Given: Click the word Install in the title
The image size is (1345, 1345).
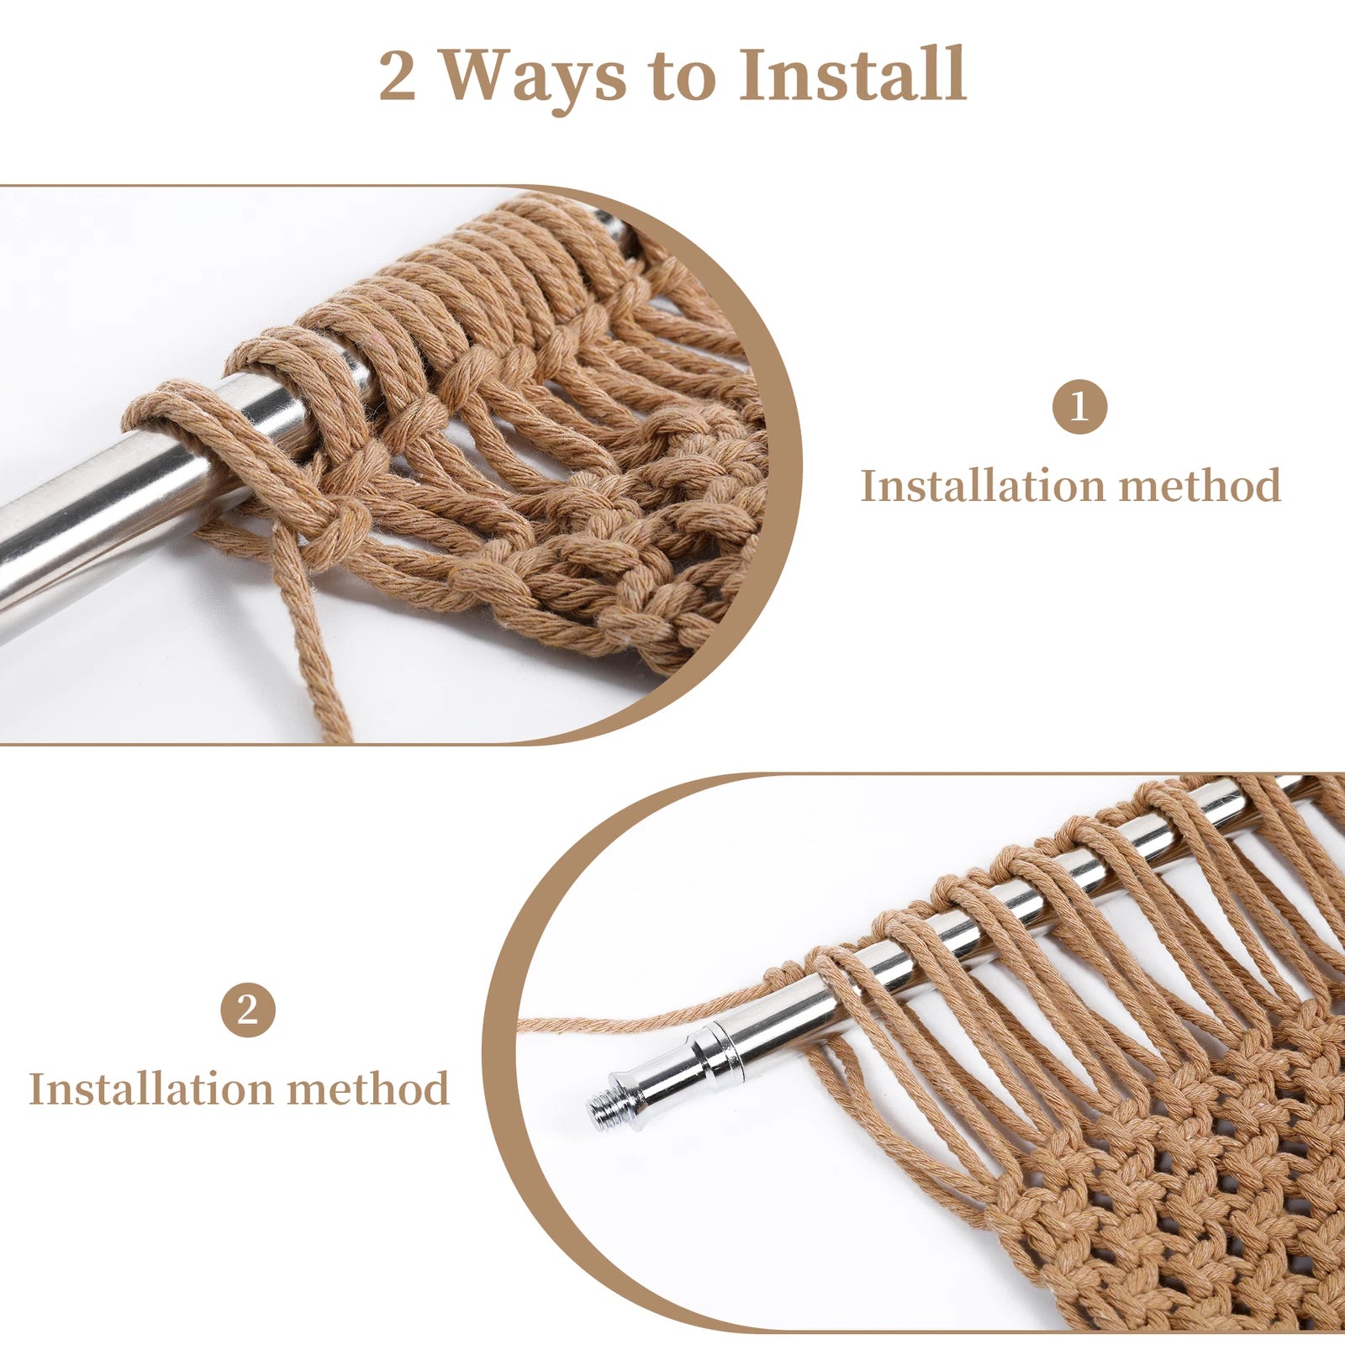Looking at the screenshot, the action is tap(852, 74).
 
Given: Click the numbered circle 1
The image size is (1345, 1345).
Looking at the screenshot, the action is tap(1079, 407).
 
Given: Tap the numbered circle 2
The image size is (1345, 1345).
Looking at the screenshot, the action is tap(248, 1010).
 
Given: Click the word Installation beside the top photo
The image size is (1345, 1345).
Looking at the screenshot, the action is tap(982, 486).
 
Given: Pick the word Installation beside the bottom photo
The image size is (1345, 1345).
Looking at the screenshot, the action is tap(150, 1089).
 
